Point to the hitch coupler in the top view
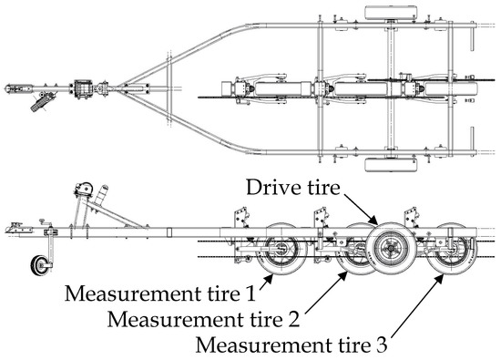coord(16,90)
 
